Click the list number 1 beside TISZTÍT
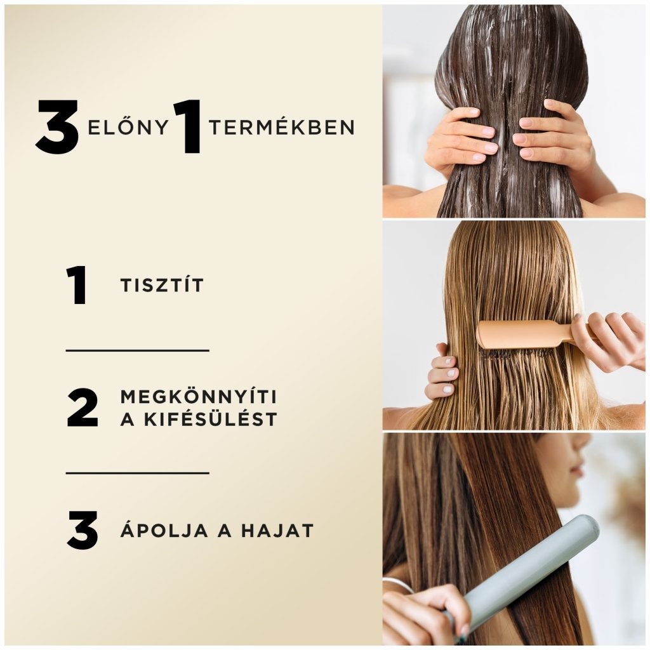(77, 286)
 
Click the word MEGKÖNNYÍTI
(198, 396)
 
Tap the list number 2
(83, 408)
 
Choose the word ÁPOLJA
(164, 530)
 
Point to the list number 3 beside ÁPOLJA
(83, 531)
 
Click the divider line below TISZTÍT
(137, 350)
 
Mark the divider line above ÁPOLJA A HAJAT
(137, 472)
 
